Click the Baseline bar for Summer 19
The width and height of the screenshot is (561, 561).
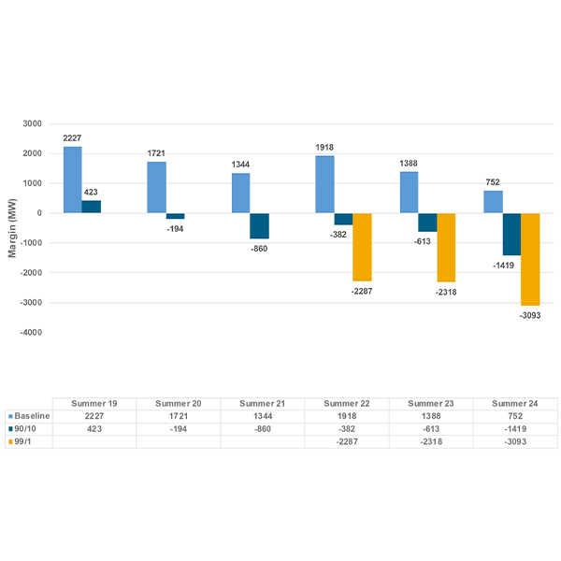(72, 180)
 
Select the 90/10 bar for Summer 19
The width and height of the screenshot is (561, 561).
(91, 207)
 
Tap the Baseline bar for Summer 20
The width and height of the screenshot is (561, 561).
(156, 187)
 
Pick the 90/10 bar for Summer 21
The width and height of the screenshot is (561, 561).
(259, 225)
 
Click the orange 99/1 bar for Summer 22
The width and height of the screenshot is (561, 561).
(362, 247)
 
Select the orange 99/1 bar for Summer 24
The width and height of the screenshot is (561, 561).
(530, 259)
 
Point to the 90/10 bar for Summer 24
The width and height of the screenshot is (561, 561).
(511, 234)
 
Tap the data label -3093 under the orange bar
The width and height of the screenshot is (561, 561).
(530, 316)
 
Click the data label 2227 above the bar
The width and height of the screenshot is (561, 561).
(72, 138)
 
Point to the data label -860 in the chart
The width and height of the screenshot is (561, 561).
(259, 249)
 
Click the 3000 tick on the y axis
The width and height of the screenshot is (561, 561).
(33, 123)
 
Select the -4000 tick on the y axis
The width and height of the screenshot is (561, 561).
(31, 332)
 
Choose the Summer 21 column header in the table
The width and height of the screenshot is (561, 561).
(263, 403)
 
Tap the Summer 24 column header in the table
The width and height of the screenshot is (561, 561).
(515, 403)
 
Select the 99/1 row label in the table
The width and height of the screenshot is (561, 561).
(25, 441)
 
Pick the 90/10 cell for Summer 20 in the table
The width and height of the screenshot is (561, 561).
(179, 428)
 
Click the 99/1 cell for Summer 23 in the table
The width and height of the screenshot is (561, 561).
(431, 441)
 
